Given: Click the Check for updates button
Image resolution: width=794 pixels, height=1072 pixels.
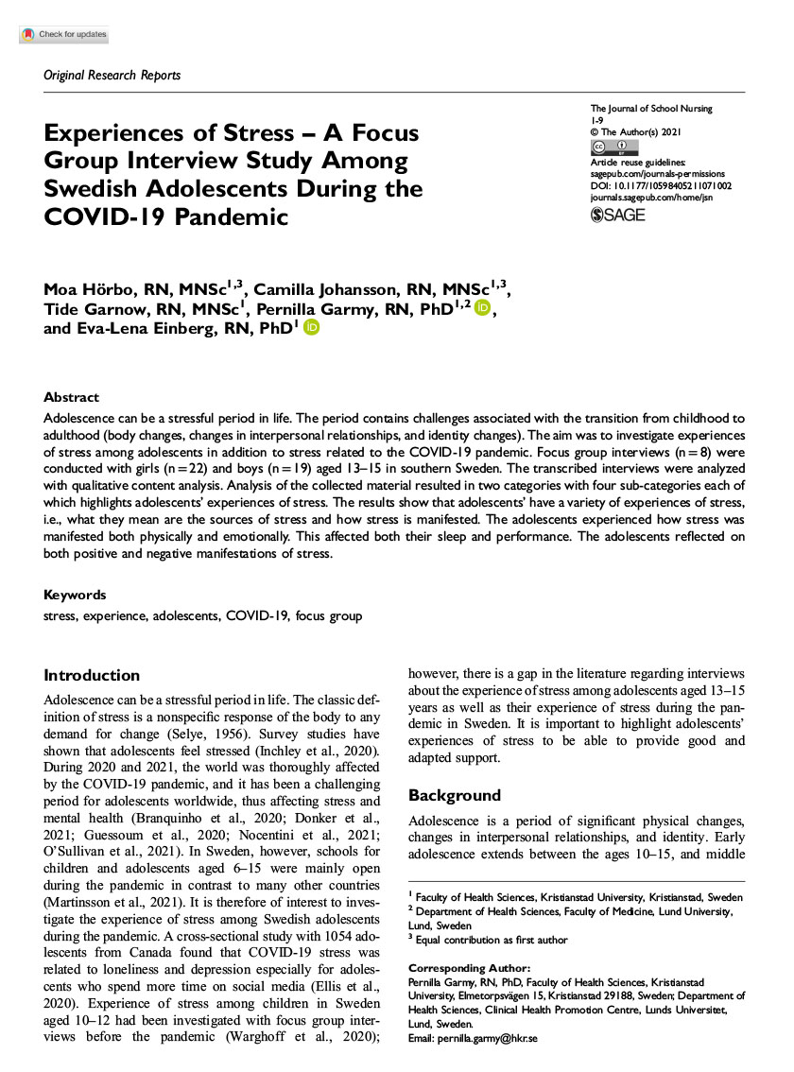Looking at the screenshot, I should coord(63,35).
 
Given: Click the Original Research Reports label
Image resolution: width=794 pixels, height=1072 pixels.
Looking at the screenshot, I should coord(112,75).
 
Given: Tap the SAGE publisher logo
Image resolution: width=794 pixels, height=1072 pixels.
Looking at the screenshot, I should coord(617,215).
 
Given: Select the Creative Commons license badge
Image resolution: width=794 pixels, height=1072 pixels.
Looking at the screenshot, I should coord(613,147).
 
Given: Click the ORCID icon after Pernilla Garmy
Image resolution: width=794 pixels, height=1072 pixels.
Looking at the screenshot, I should coord(483,307).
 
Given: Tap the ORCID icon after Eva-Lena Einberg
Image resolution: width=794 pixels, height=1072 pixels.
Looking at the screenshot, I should coord(311,327).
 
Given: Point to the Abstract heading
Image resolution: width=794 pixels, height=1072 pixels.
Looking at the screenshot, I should coord(71,397).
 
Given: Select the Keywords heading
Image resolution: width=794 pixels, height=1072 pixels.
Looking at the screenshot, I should coord(75,595).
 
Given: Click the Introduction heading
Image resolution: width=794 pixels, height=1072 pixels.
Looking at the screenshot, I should coord(92,675).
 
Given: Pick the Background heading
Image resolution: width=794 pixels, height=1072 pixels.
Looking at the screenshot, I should coord(454,795).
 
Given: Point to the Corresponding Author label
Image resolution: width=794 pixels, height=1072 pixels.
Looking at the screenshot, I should coord(468,968).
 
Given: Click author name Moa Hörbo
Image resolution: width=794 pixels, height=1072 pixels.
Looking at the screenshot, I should coord(86,287).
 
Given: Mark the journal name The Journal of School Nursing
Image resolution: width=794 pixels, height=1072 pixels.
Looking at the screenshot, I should coord(651,110).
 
